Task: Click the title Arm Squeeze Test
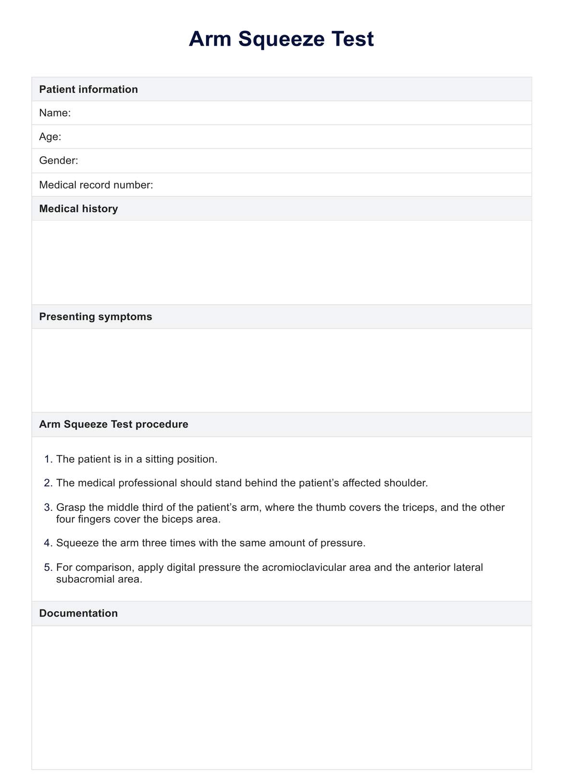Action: (281, 39)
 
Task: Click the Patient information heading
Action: (88, 89)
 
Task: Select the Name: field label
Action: (55, 113)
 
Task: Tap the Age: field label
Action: (50, 137)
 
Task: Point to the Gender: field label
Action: (59, 161)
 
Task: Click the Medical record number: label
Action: (96, 185)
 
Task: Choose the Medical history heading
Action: (78, 209)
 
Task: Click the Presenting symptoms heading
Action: (96, 316)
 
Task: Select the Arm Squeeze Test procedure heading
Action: (113, 424)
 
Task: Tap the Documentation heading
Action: (78, 613)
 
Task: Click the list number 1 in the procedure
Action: (48, 459)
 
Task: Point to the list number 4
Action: (48, 543)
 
